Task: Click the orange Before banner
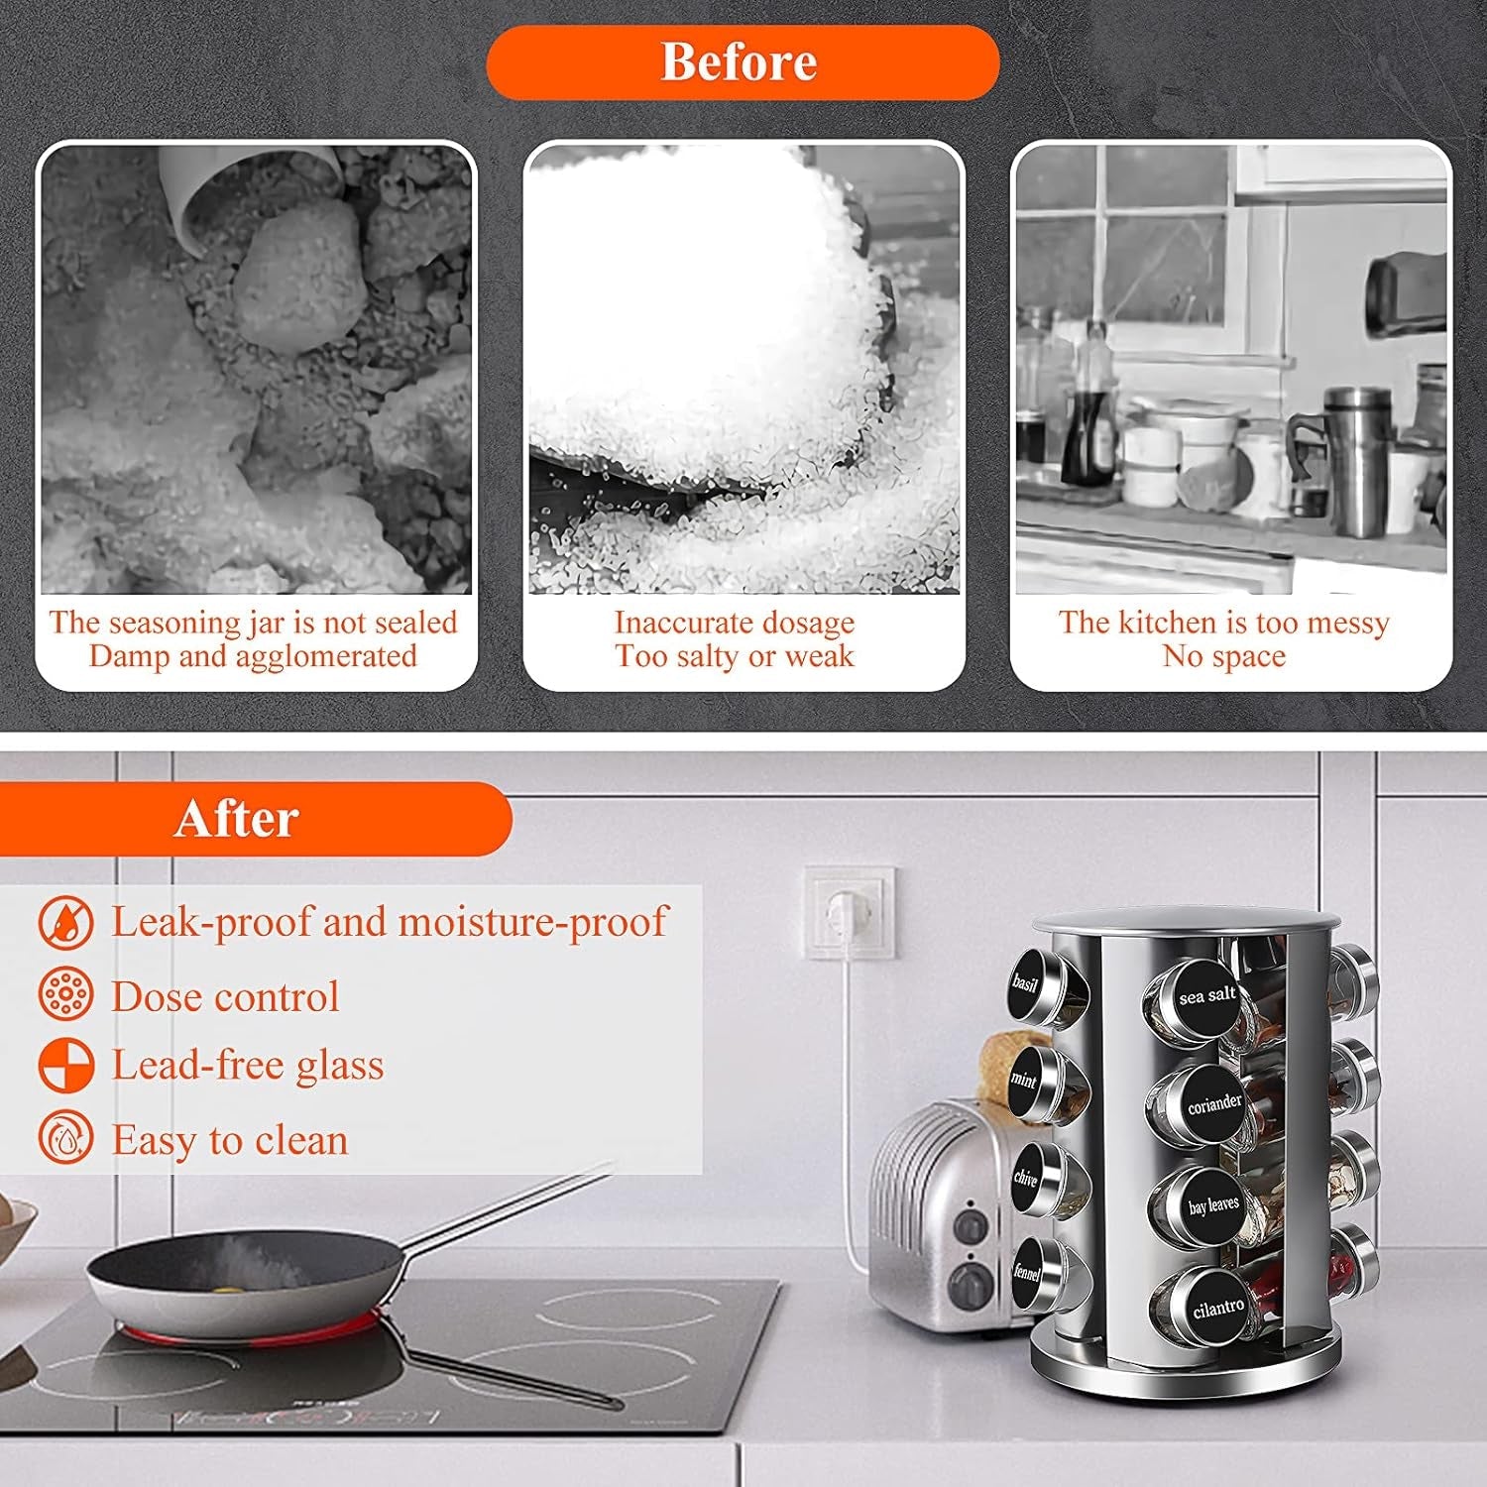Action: (743, 62)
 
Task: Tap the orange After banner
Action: (255, 819)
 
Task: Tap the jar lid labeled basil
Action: (1025, 983)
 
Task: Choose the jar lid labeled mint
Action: (1024, 1080)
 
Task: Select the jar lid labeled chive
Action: (1025, 1178)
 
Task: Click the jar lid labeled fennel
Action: (1026, 1273)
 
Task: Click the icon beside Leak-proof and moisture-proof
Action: (66, 922)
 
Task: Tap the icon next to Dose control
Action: (66, 994)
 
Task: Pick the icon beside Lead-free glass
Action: (66, 1066)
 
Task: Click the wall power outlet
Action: (849, 913)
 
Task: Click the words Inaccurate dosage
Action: (735, 622)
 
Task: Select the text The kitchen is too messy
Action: (1223, 622)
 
